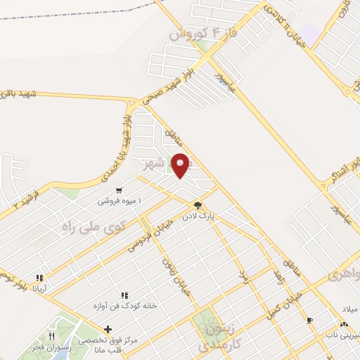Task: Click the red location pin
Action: (181, 165)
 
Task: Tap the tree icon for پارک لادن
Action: (198, 206)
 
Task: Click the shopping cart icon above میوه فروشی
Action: (119, 190)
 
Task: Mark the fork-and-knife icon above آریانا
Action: (40, 278)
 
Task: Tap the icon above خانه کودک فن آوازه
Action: (124, 296)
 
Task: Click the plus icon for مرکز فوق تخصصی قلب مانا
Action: (108, 329)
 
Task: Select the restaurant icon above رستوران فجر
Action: (51, 336)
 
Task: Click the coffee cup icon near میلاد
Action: (310, 320)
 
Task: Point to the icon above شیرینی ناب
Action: (343, 324)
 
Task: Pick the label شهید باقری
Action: (15, 94)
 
